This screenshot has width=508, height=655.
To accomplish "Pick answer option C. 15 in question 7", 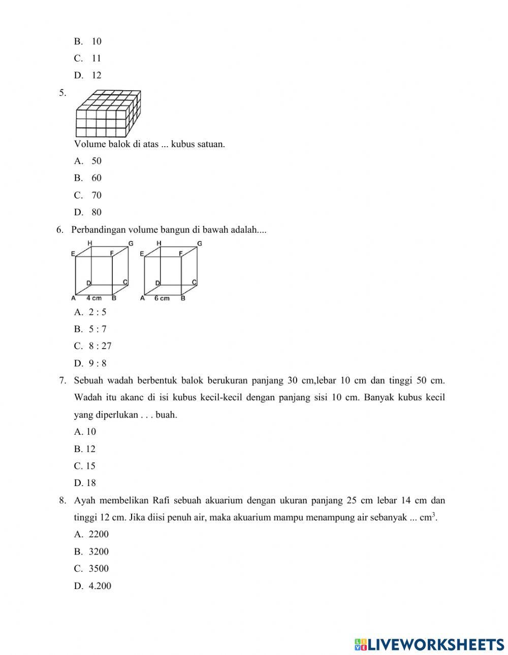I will [x=85, y=466].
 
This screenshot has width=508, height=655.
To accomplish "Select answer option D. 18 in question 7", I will [x=85, y=483].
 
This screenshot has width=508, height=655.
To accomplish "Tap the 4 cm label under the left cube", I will [x=93, y=298].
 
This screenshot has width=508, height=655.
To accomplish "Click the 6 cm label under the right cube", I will [x=162, y=298].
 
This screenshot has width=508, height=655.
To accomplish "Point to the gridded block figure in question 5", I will [x=108, y=114].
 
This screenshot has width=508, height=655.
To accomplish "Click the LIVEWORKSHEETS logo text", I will [x=435, y=644].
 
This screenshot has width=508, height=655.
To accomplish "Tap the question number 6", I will [x=60, y=230].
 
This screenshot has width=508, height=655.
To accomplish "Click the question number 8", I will [x=62, y=501].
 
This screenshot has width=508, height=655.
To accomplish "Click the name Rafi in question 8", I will [x=160, y=501].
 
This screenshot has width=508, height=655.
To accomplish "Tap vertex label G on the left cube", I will [x=131, y=244].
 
